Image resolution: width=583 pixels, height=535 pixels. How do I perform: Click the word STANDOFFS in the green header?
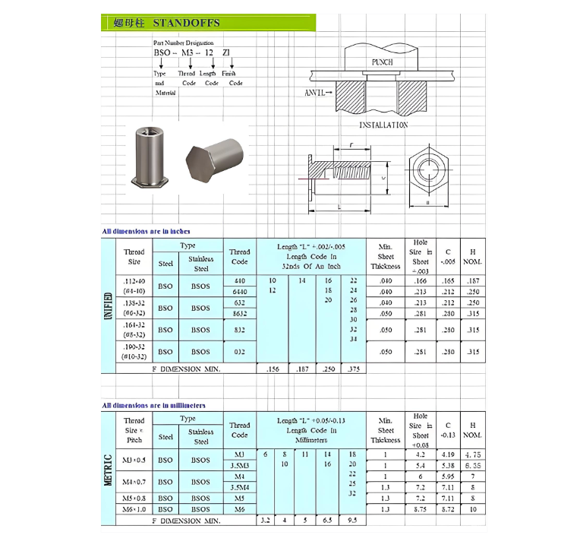click(x=187, y=23)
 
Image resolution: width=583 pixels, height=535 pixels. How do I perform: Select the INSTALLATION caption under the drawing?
click(x=383, y=125)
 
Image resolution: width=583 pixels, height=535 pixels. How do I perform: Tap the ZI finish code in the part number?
click(x=226, y=53)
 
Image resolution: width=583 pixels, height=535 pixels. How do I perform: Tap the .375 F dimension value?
click(x=353, y=369)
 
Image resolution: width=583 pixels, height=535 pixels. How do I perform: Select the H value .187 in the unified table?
click(x=473, y=281)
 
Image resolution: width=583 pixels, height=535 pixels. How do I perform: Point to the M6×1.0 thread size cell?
click(x=134, y=509)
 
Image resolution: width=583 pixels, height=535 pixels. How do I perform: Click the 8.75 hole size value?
click(x=420, y=509)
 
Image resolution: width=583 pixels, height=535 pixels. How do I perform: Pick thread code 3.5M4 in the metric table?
click(x=239, y=487)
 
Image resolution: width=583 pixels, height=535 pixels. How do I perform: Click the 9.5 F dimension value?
click(x=353, y=521)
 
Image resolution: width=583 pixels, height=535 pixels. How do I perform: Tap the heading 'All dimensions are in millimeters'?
click(x=154, y=405)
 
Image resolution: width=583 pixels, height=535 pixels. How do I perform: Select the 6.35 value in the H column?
click(x=473, y=465)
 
